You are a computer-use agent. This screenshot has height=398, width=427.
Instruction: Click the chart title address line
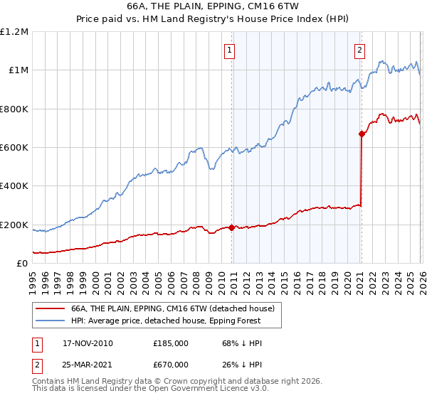213,6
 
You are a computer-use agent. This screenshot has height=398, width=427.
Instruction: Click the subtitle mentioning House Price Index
213,20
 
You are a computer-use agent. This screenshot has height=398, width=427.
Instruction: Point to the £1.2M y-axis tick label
14,32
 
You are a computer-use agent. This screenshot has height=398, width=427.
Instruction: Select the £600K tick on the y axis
14,148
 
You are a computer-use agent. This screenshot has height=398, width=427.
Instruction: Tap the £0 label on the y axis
23,264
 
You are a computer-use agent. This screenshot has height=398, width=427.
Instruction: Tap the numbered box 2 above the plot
360,50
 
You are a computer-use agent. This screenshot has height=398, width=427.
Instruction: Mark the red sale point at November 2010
232,227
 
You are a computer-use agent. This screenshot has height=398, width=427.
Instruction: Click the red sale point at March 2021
362,134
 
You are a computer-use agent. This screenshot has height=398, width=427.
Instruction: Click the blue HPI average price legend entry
166,321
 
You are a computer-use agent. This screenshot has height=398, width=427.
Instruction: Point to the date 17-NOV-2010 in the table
87,343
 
